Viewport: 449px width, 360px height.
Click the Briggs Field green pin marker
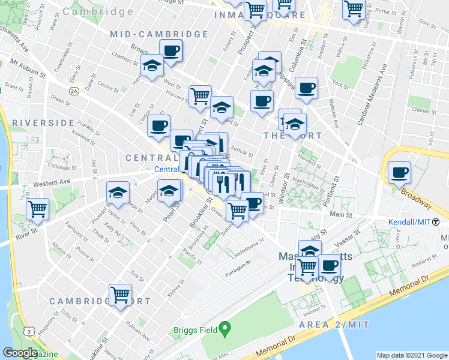click(224, 328)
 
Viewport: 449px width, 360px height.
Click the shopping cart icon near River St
click(37, 209)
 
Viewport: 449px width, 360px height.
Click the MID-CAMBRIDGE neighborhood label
click(159, 34)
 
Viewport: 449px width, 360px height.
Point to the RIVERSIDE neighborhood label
click(38, 122)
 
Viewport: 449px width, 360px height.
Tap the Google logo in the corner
click(20, 353)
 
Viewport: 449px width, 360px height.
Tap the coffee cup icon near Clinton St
click(158, 126)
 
